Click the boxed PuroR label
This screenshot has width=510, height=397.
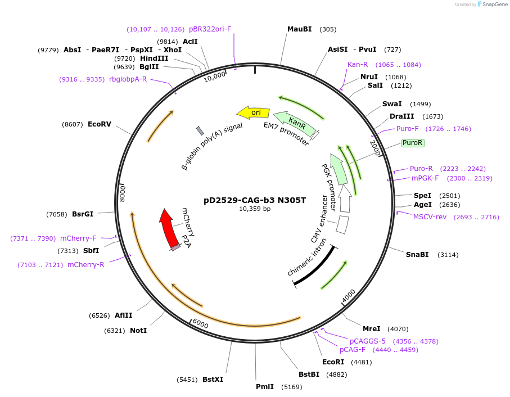point(412,143)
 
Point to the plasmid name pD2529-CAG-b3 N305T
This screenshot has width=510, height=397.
point(255,200)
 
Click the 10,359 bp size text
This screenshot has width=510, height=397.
point(255,209)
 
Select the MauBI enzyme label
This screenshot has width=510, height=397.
point(299,29)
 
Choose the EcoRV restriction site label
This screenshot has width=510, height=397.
point(99,124)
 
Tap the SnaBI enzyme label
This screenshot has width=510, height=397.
point(417,255)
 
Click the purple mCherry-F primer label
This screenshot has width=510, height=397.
point(78,238)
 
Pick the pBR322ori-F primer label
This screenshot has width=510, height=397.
point(210,29)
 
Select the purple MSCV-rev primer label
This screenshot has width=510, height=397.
point(430,217)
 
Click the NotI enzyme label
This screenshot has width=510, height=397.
point(138,331)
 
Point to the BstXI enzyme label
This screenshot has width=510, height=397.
point(213,380)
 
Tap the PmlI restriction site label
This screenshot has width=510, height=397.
point(265,387)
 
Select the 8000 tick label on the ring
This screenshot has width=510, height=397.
point(123,194)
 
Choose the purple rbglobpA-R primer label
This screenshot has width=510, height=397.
point(128,79)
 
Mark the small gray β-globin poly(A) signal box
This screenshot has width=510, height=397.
point(200,131)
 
